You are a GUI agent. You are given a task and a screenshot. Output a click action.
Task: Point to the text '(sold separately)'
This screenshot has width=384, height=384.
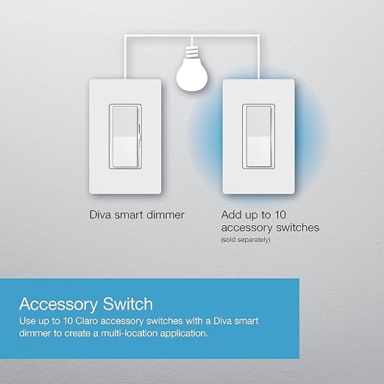coord(244,240)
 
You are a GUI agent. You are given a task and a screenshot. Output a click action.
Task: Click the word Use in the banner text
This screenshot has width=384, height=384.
coord(29,322)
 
